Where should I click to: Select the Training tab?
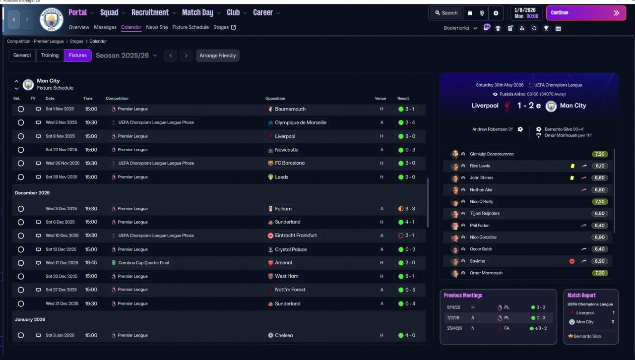point(50,56)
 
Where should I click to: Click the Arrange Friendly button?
point(218,56)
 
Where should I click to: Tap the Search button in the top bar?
point(446,13)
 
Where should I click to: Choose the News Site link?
point(157,27)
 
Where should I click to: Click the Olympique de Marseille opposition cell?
point(297,122)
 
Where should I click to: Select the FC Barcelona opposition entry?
point(286,163)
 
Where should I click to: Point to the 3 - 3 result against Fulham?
point(407,209)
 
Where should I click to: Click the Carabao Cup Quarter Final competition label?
point(140,263)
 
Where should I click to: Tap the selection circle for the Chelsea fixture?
point(21,335)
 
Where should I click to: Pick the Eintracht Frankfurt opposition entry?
point(292,236)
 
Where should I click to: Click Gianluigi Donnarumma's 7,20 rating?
point(600,154)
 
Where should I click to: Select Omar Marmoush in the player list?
point(486,273)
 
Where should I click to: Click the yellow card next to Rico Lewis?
point(572,166)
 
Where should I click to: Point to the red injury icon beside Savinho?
point(572,261)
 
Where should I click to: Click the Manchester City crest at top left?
point(51,19)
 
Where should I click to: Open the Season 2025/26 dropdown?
point(127,56)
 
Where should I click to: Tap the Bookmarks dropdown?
point(460,28)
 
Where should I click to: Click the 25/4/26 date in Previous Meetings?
point(454,328)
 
